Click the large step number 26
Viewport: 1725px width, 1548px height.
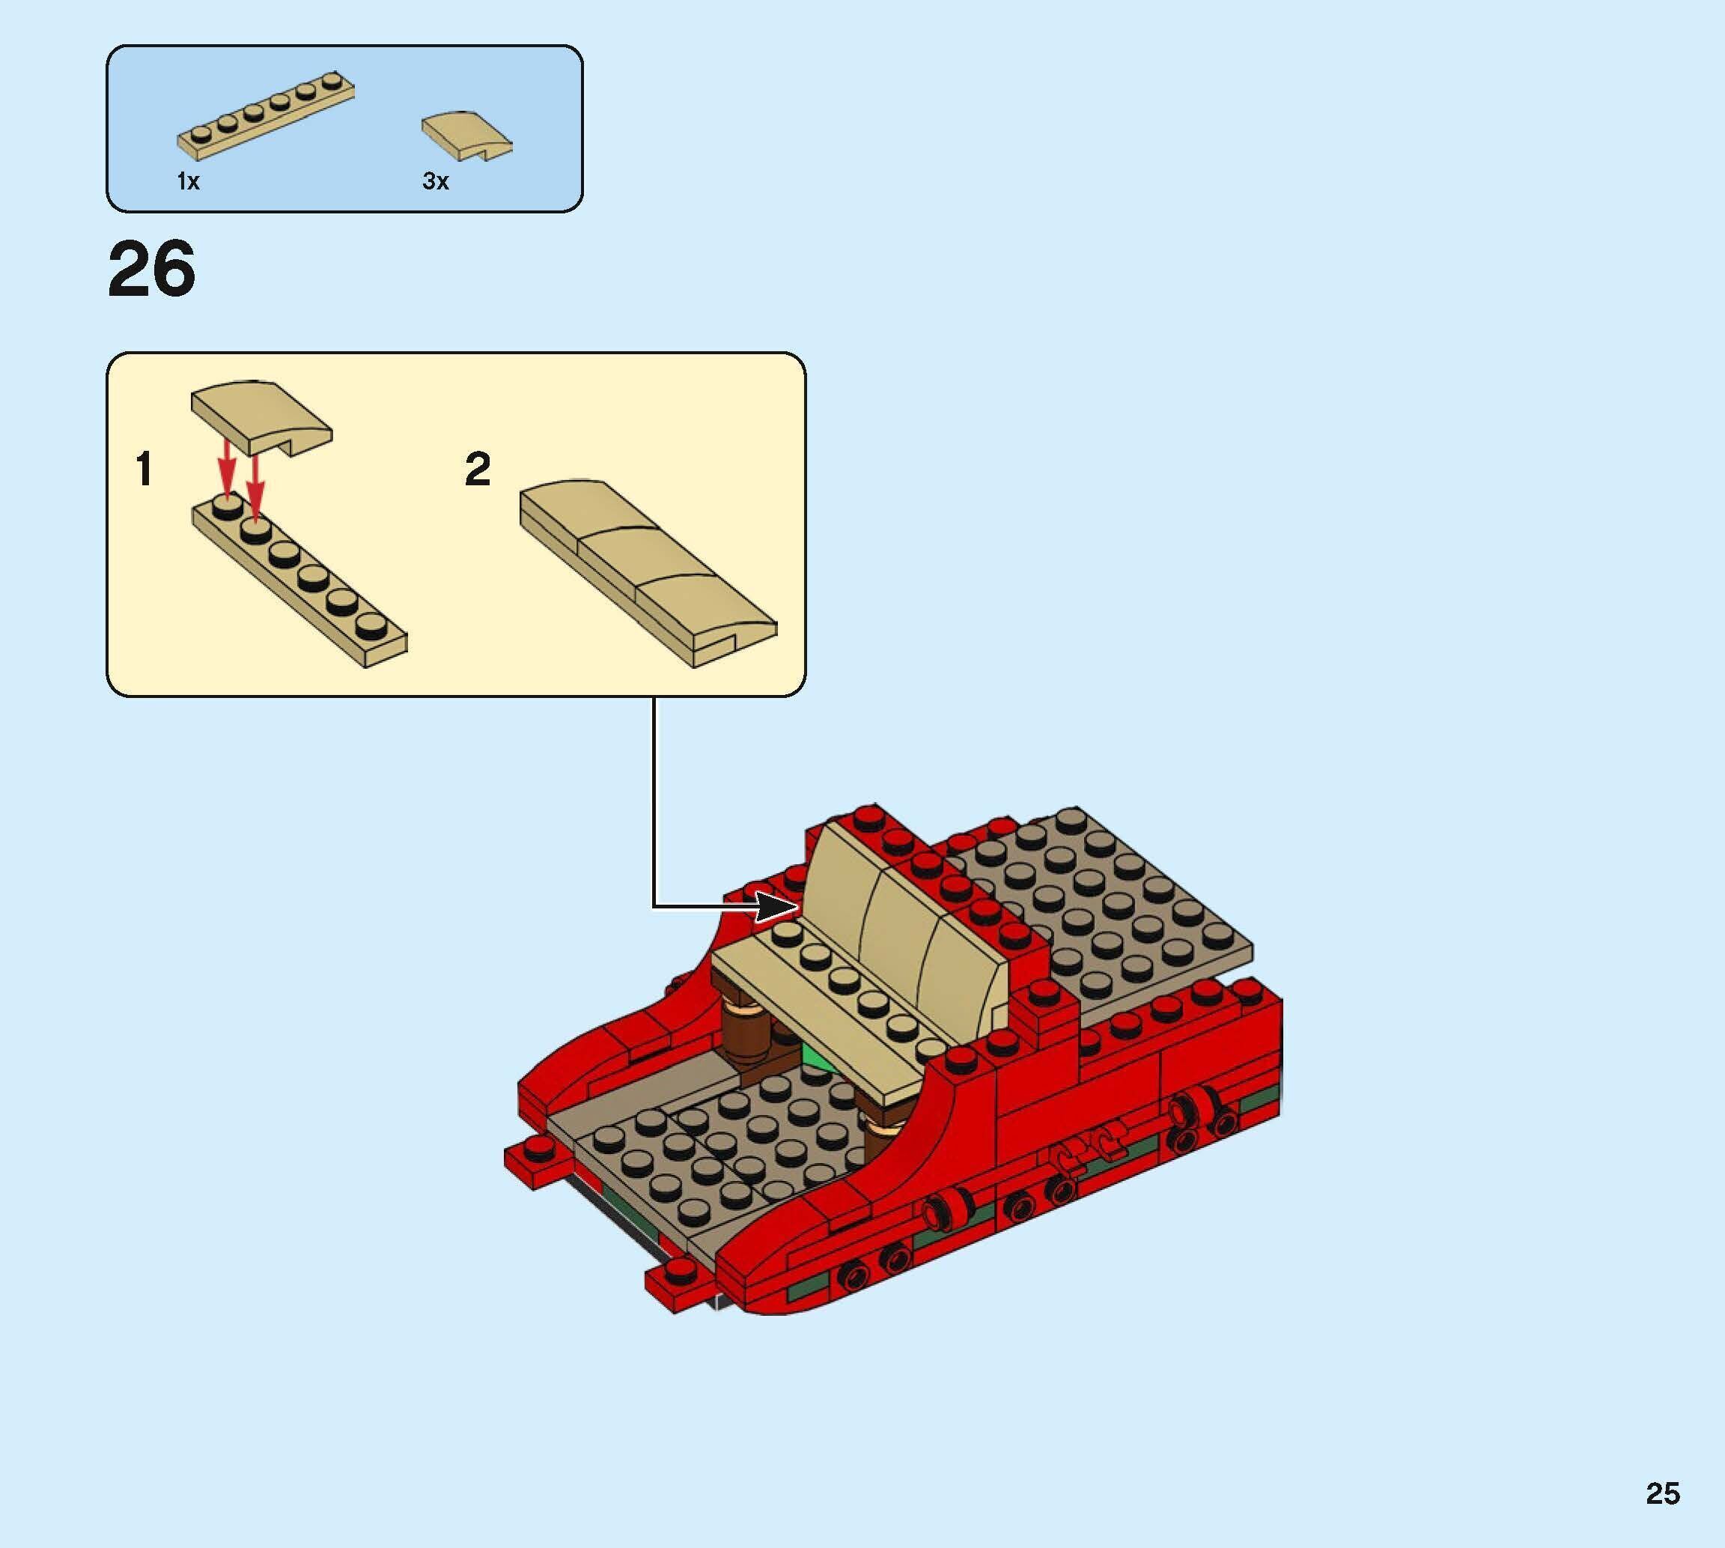click(151, 269)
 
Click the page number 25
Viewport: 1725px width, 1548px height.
click(1662, 1493)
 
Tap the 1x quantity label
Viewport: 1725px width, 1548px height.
click(188, 181)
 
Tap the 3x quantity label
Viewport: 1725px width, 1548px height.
click(435, 181)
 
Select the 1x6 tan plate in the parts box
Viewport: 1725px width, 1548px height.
click(265, 118)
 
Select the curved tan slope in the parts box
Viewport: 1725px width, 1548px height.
click(466, 136)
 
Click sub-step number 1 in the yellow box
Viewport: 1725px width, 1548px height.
click(144, 470)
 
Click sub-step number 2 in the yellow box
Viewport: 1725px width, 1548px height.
click(478, 470)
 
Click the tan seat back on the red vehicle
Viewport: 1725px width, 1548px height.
click(901, 919)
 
